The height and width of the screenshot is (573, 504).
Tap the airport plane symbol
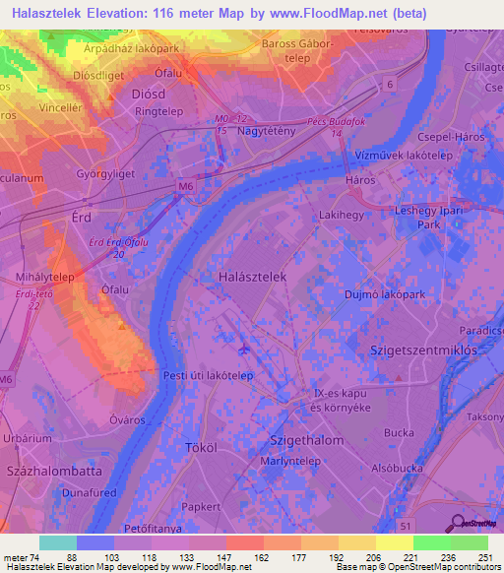(x=244, y=347)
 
